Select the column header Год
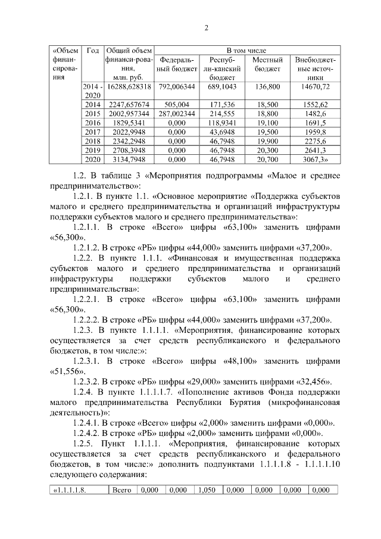pyautogui.click(x=92, y=51)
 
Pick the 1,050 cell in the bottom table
pyautogui.click(x=208, y=490)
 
